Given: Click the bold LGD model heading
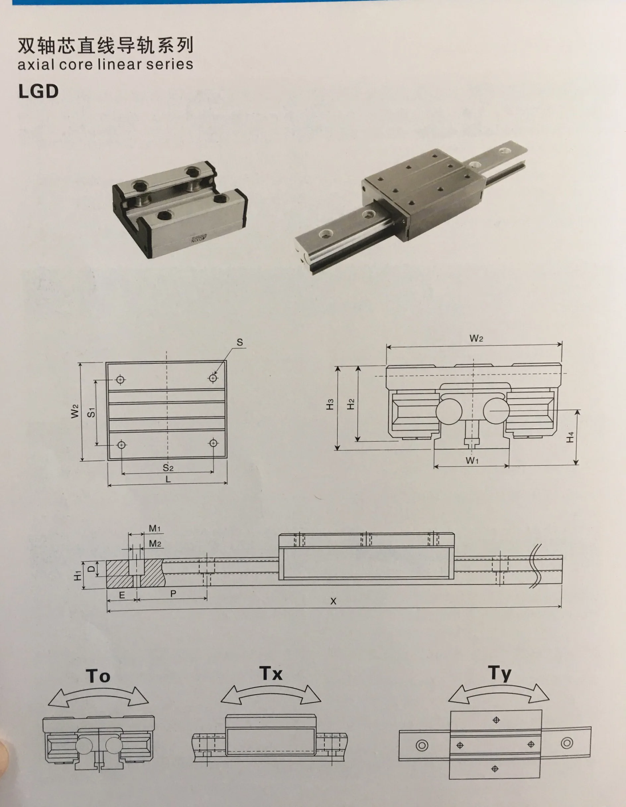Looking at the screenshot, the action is (38, 91).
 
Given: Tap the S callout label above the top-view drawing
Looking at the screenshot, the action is (240, 342).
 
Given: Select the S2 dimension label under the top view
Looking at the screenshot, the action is (168, 468).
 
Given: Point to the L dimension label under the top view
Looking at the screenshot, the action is (168, 479).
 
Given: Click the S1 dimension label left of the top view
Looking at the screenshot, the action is (91, 412).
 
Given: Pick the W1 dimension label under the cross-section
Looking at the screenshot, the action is (472, 460).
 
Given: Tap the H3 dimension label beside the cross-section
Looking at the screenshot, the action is (330, 404).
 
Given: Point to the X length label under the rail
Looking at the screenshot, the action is (333, 601).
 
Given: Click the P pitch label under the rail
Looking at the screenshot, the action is (173, 593).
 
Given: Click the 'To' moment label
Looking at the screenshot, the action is (98, 676).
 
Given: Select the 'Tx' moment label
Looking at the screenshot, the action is (271, 673).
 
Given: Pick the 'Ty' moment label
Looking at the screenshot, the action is (500, 674).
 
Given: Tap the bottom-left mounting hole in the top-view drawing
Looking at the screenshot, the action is (121, 445).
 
